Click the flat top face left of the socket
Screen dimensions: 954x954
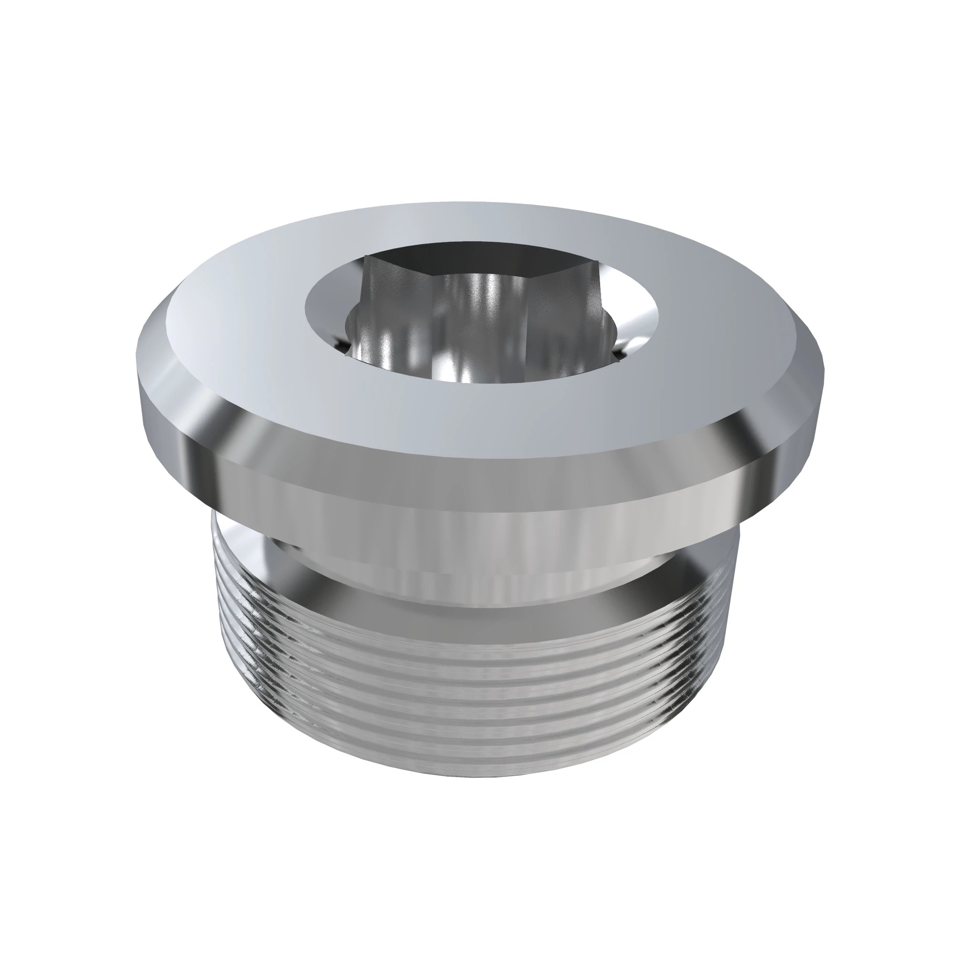(237, 316)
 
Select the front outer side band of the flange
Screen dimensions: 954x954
(474, 487)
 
